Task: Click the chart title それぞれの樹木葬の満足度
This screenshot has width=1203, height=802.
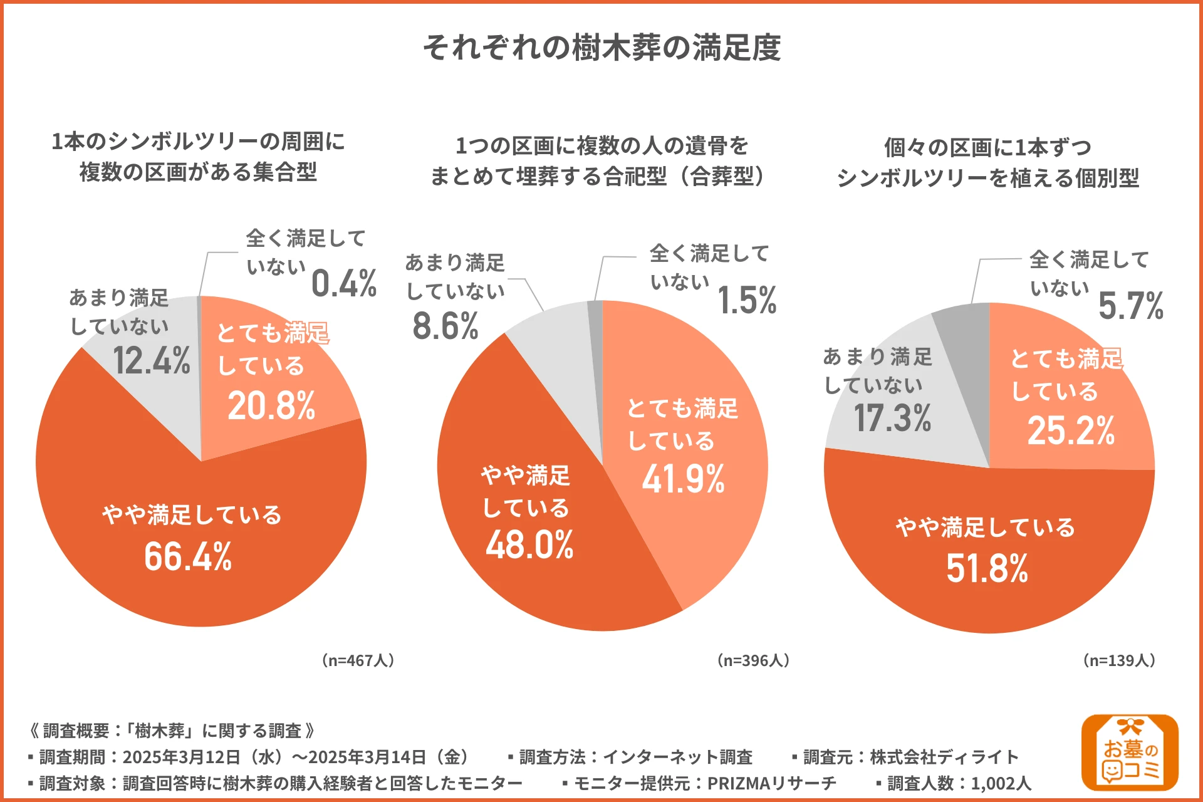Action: [x=601, y=48]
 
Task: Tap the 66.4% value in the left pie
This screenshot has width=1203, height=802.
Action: [x=188, y=556]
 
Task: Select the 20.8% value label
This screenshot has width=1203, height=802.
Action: [x=271, y=405]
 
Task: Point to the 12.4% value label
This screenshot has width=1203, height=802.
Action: [x=152, y=361]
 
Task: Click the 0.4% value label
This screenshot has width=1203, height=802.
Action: [x=344, y=283]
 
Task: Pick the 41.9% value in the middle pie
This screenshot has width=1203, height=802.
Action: [x=683, y=479]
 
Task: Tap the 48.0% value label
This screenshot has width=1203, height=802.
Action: [x=529, y=544]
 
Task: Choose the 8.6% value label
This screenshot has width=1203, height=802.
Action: [x=445, y=326]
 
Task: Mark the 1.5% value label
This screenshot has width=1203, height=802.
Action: [x=747, y=300]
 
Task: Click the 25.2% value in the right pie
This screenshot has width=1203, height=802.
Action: [x=1071, y=430]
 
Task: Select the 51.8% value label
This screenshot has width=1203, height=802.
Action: [x=987, y=568]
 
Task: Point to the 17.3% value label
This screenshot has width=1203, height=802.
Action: [x=892, y=418]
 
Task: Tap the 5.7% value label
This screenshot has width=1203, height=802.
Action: [x=1131, y=306]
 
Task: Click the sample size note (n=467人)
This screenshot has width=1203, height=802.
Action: [x=358, y=660]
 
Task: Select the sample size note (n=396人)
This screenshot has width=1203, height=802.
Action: [x=753, y=660]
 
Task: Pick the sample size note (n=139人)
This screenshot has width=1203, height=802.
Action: [x=1120, y=660]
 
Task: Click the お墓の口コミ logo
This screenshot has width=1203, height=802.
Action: [x=1130, y=752]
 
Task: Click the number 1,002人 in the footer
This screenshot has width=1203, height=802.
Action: [x=1001, y=783]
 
